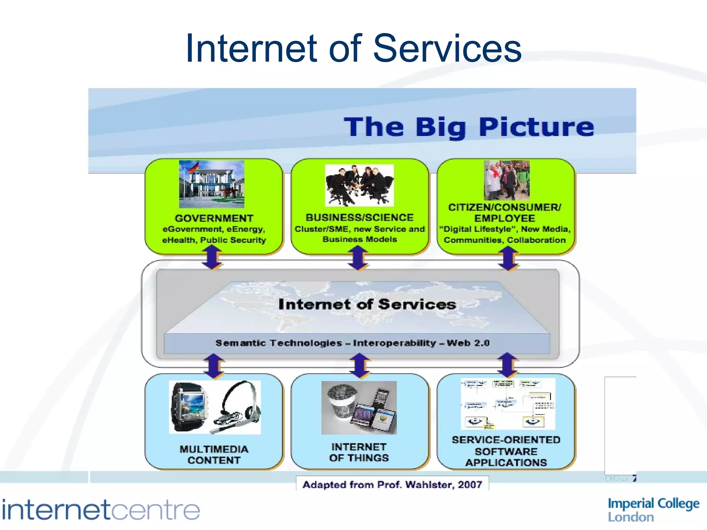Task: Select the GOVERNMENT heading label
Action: (x=214, y=218)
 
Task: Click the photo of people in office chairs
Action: (x=359, y=185)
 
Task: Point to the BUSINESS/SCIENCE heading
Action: (x=359, y=217)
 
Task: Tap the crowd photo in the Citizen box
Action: (x=506, y=180)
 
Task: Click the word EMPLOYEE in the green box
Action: (x=504, y=218)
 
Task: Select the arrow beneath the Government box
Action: (x=212, y=257)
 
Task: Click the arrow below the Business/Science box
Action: (x=358, y=258)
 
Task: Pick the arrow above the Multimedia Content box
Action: (x=214, y=366)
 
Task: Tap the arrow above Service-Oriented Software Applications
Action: (x=507, y=365)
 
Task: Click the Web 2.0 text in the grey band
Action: (x=468, y=343)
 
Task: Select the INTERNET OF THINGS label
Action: (x=359, y=452)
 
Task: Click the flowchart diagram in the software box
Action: (x=508, y=404)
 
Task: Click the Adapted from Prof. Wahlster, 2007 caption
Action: (x=392, y=484)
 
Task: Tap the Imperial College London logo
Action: (x=653, y=510)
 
